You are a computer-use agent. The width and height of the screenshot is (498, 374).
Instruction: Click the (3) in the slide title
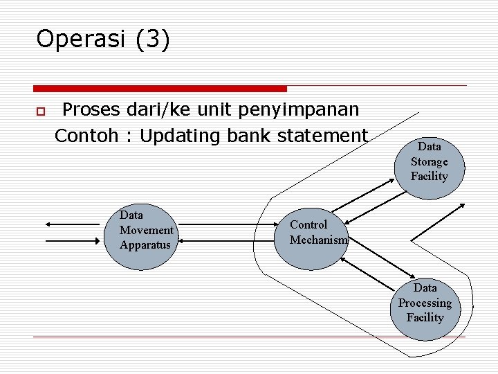pyautogui.click(x=152, y=39)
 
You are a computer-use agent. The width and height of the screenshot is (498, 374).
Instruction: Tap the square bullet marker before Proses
pyautogui.click(x=40, y=112)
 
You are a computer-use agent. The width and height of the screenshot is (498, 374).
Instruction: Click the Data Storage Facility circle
pyautogui.click(x=429, y=163)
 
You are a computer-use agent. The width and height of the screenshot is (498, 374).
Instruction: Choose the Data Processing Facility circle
pyautogui.click(x=424, y=303)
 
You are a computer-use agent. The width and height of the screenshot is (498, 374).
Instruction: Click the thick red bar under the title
pyautogui.click(x=160, y=89)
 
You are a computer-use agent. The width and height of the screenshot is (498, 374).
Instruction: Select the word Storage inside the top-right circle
pyautogui.click(x=429, y=161)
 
